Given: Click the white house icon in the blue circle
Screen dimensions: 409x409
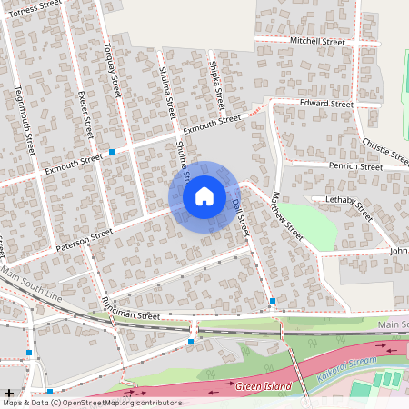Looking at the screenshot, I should [204, 195].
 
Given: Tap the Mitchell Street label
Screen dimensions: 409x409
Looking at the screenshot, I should [317, 42].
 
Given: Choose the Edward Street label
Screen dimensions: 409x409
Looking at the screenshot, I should [326, 105].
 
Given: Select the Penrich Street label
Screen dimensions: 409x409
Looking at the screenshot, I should [356, 167].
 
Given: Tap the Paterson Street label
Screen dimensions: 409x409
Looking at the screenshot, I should [84, 239].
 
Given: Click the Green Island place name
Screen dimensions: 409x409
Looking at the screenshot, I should [263, 387].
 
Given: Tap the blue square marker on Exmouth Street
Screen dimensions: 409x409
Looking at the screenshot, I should [112, 151].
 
